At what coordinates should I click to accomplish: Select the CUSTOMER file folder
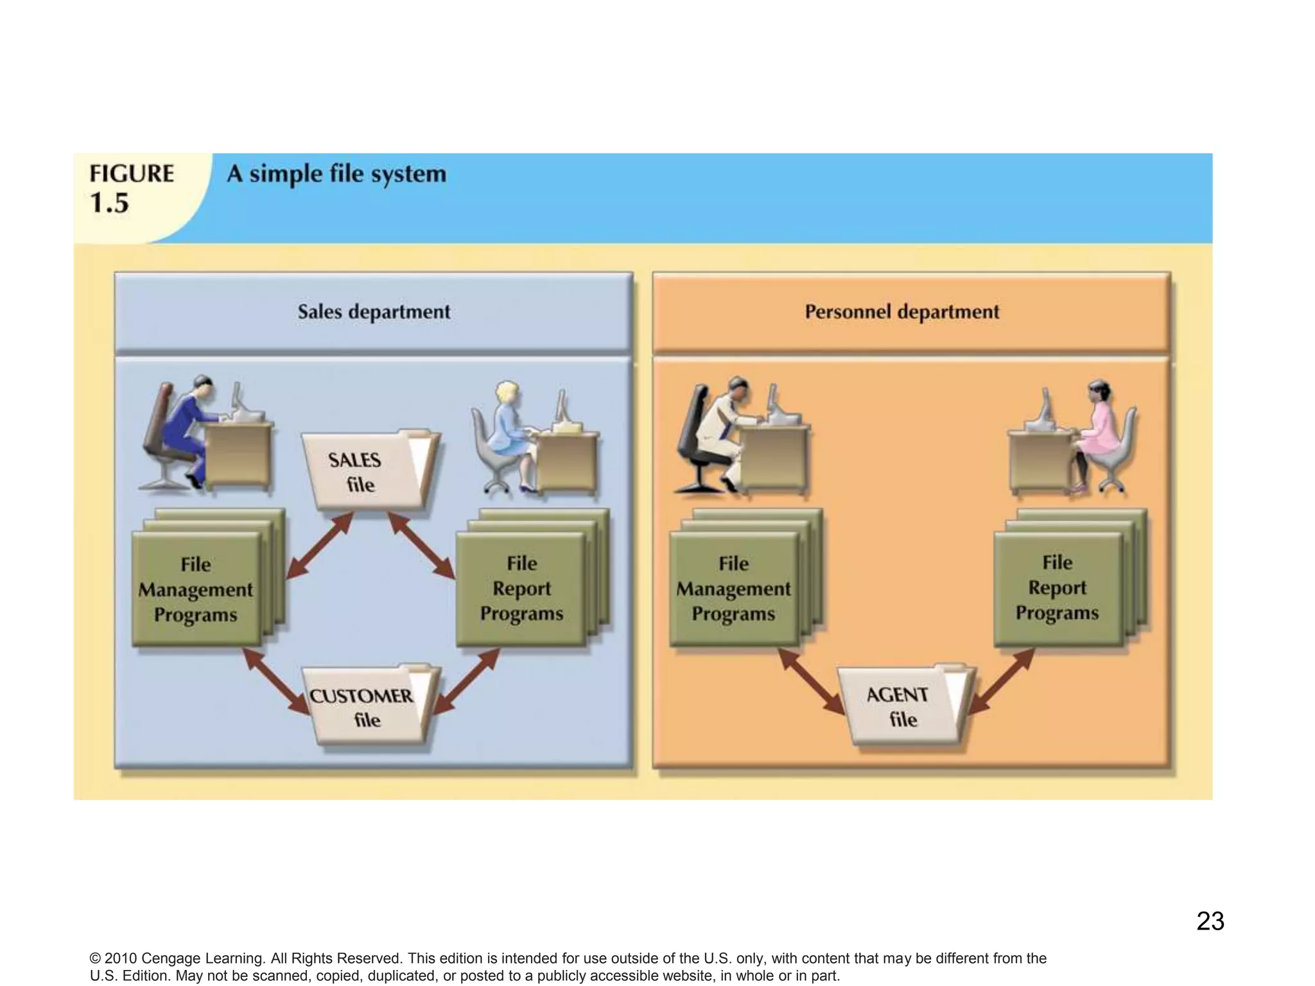point(367,707)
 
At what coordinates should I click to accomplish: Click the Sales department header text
point(374,312)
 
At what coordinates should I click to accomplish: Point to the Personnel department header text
point(901,312)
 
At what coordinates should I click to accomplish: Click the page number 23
point(1210,921)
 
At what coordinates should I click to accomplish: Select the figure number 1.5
point(109,203)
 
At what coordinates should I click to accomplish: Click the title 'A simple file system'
point(336,174)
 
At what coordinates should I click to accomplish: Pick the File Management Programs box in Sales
point(196,589)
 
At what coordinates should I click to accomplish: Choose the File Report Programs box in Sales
point(521,588)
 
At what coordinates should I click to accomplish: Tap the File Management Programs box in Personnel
point(734,588)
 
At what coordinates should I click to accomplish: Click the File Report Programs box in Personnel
point(1058,587)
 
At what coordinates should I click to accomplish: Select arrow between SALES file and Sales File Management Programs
point(319,546)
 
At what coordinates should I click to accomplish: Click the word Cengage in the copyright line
point(171,958)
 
